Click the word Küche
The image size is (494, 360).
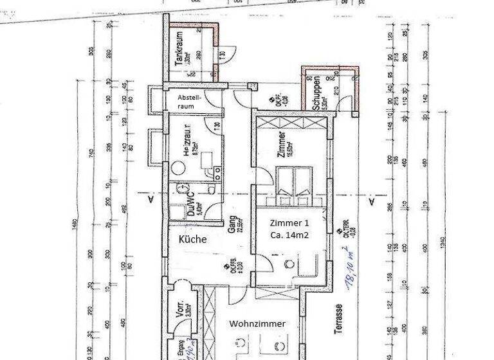tap(193, 239)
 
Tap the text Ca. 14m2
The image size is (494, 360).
tap(289, 236)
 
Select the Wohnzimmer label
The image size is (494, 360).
tap(257, 324)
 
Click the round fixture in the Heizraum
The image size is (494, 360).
tap(179, 166)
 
